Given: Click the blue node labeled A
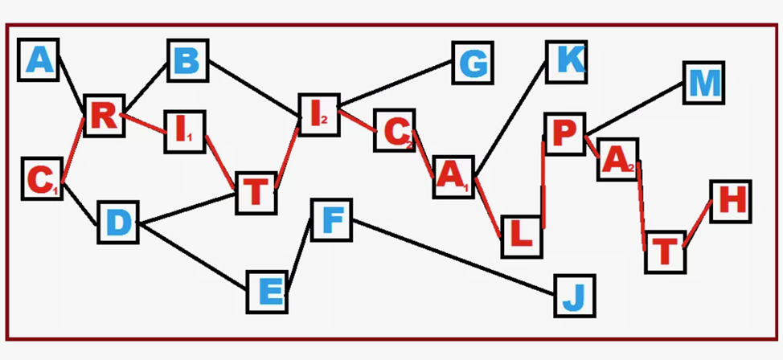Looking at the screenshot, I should [x=39, y=60].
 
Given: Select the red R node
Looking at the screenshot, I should [x=104, y=117].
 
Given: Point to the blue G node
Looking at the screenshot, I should [x=472, y=62].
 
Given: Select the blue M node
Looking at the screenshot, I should [x=704, y=82].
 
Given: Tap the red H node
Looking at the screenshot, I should [x=731, y=200].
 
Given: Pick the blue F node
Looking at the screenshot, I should [x=330, y=219].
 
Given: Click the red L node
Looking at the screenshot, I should [x=521, y=235].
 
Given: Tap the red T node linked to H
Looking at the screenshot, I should [x=665, y=252].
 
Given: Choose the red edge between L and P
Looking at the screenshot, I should [x=544, y=185].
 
